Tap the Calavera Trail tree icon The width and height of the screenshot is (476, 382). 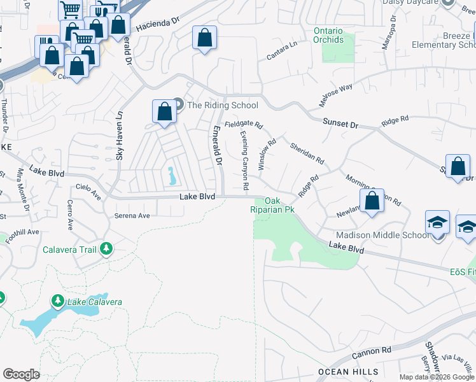tap(107, 248)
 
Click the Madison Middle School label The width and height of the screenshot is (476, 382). tap(389, 236)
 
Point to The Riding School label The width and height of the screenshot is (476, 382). tap(222, 105)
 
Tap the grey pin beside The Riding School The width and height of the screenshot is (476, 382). tap(178, 104)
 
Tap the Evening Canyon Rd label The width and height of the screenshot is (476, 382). tap(244, 160)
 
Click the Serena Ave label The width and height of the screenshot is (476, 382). tap(132, 216)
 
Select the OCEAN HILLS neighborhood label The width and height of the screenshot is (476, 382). tap(349, 372)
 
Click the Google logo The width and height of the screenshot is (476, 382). tap(22, 374)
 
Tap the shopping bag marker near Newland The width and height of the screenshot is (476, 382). tap(372, 201)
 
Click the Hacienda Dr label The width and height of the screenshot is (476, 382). tap(158, 24)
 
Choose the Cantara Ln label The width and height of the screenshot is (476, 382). tap(282, 51)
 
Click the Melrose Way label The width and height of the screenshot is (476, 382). tap(335, 95)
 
